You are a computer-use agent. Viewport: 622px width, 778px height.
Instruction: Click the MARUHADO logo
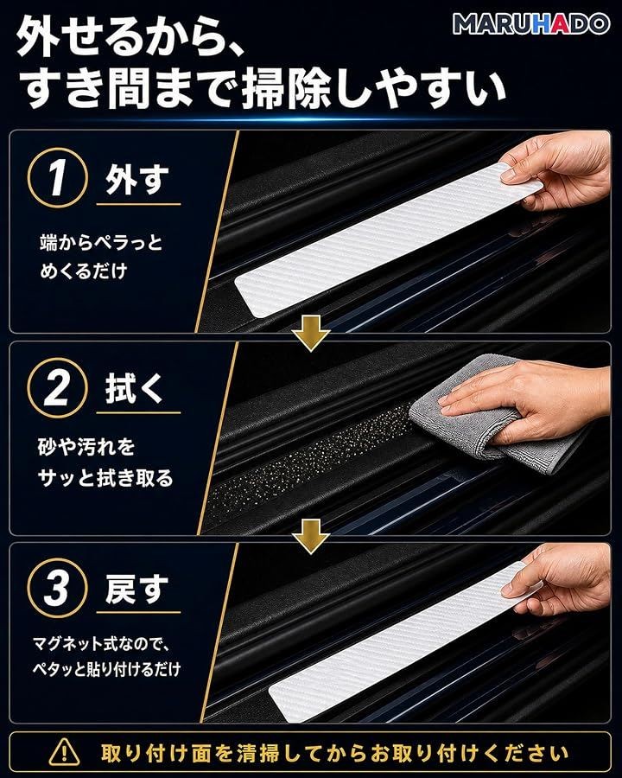pos(530,23)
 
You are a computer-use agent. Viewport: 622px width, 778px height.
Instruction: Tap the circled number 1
pos(58,177)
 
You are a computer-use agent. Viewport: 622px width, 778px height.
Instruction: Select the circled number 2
pos(58,388)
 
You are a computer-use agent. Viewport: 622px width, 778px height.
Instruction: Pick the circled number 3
pos(58,589)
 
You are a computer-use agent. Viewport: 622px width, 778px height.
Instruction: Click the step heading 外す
pos(137,180)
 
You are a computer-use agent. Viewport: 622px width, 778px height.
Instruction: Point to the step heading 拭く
pos(134,388)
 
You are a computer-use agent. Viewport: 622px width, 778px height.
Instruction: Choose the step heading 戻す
pos(137,589)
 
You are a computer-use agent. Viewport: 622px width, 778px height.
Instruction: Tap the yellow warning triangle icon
pos(64,752)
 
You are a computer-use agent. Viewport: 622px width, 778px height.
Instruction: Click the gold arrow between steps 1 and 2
pos(311,335)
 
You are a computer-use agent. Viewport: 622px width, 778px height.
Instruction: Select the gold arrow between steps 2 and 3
pos(311,537)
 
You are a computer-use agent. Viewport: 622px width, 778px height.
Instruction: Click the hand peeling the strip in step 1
pos(558,171)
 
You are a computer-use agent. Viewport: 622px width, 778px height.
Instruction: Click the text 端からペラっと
pos(101,243)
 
